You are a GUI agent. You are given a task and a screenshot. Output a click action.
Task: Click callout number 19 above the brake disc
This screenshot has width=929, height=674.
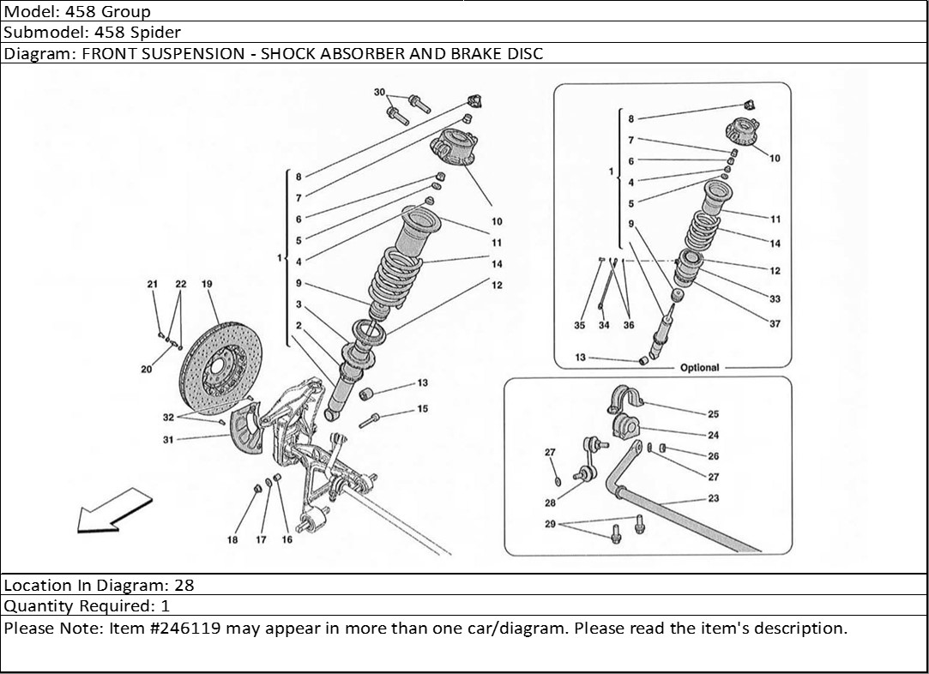[x=207, y=284]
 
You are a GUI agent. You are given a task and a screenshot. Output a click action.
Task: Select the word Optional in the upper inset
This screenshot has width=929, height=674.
[x=699, y=367]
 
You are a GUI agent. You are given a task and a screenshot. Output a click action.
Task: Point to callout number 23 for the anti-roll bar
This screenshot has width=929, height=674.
[x=714, y=498]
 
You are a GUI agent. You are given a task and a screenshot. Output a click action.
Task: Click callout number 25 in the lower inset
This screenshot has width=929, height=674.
[x=714, y=414]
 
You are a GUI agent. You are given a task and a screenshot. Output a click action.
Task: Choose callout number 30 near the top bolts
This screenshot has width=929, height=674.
[x=379, y=93]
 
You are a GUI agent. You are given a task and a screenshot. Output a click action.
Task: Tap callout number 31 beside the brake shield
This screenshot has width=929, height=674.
[x=168, y=440]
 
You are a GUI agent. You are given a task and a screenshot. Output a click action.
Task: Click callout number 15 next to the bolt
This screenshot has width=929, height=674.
[x=422, y=409]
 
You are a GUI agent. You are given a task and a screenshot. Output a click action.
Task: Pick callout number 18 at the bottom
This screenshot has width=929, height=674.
[x=232, y=539]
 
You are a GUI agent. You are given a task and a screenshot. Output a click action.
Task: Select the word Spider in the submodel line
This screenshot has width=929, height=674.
[x=158, y=33]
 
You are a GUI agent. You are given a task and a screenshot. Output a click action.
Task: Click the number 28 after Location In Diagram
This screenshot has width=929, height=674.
[x=184, y=586]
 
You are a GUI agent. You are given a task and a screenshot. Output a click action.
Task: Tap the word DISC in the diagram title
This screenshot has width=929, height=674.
[x=525, y=53]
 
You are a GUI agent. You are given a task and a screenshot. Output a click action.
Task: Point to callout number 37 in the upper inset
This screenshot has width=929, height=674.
[x=775, y=324]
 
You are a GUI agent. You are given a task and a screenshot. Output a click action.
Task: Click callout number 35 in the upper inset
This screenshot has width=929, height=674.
[x=579, y=325]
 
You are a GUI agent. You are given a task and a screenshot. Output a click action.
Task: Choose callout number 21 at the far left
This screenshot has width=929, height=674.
[x=153, y=284]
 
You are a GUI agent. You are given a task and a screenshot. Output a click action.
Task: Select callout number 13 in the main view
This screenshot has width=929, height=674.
[x=422, y=383]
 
